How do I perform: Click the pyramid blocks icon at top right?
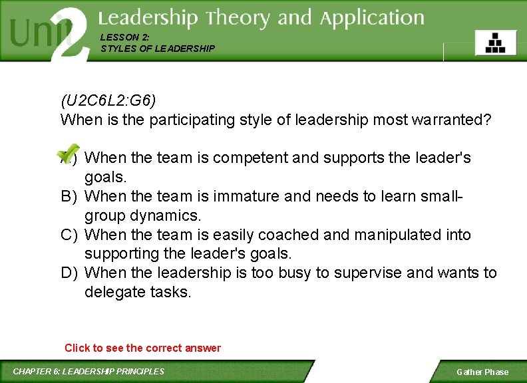[495, 43]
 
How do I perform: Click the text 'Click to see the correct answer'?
[142, 348]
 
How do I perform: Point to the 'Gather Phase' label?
[482, 372]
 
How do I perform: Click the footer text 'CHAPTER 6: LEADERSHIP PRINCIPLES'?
[88, 371]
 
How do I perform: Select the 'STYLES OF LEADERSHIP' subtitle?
[158, 49]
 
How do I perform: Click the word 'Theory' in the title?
[239, 18]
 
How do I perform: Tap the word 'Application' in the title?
[372, 18]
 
